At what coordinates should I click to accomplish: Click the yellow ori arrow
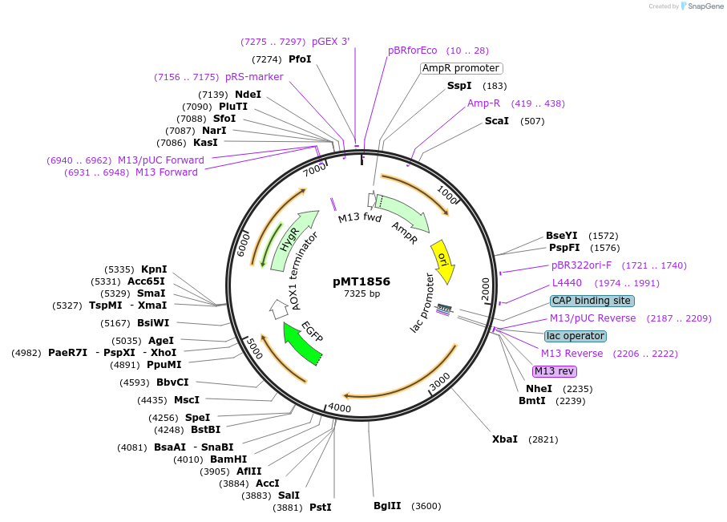[x=443, y=261]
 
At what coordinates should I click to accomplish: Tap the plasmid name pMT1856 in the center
[x=361, y=281]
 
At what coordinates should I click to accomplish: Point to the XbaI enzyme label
[x=505, y=439]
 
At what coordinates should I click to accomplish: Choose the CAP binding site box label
[x=592, y=301]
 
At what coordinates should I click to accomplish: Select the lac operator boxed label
[x=575, y=336]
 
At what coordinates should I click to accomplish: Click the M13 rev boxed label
[x=555, y=371]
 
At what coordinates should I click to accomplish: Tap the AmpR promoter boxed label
[x=461, y=68]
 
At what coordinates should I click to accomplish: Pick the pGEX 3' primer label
[x=330, y=41]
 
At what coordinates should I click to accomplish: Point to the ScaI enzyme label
[x=497, y=121]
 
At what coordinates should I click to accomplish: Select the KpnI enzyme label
[x=154, y=269]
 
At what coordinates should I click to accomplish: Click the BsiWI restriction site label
[x=153, y=323]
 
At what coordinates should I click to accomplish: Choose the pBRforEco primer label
[x=413, y=51]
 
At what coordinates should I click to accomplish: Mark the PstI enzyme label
[x=320, y=508]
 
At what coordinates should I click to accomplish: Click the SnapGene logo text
[x=703, y=6]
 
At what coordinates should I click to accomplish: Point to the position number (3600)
[x=426, y=506]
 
